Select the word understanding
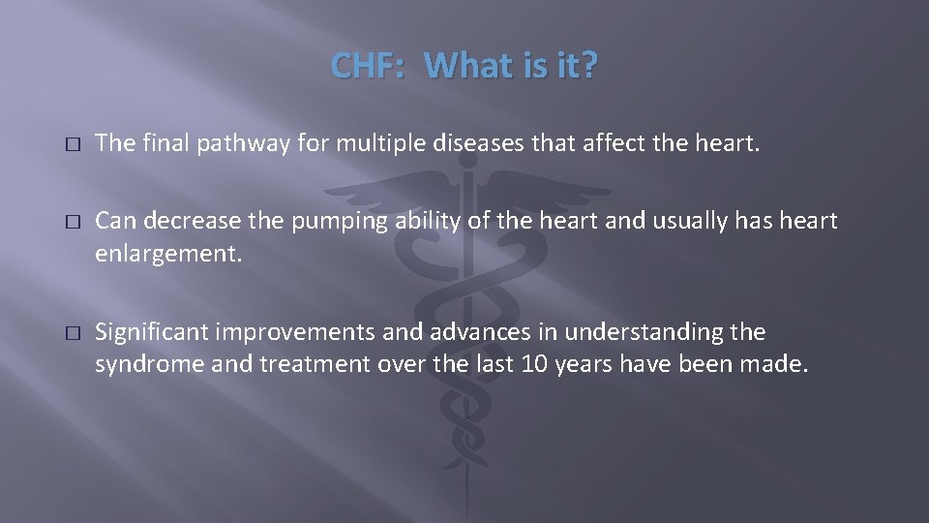[x=644, y=332]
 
